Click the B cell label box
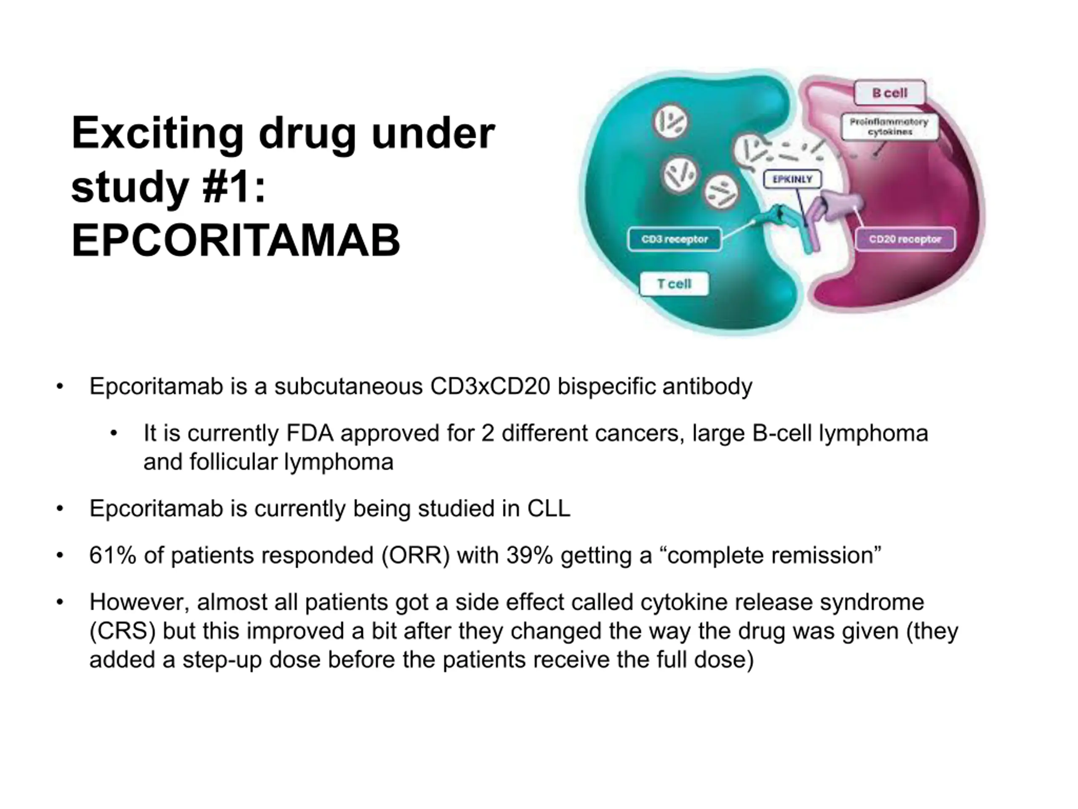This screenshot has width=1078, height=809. point(889,93)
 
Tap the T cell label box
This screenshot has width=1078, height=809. point(674,284)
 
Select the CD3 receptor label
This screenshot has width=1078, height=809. point(675,239)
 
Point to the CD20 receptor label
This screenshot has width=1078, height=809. point(905,239)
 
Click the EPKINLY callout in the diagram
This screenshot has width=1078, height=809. point(792,179)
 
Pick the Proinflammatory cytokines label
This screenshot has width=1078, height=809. point(889,127)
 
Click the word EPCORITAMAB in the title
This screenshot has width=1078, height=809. point(236,241)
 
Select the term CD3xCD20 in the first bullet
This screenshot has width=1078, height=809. point(490,387)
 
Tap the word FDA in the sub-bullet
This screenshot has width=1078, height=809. point(310,434)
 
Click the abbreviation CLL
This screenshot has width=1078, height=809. point(548,509)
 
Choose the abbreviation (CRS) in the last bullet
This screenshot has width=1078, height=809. point(123,632)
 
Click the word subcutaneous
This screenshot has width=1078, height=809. point(348,387)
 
